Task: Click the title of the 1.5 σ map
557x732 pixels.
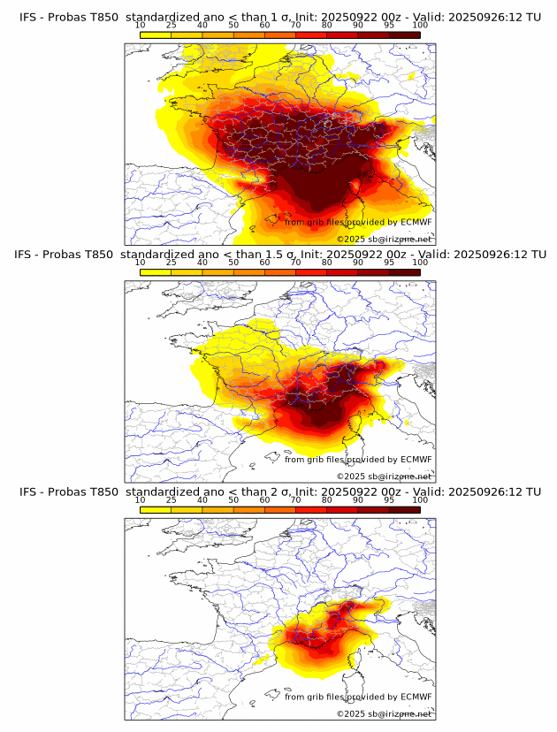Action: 279,255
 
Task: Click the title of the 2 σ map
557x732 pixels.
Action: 279,492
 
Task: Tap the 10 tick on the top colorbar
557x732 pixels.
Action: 141,26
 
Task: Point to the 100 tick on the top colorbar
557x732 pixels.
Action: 420,26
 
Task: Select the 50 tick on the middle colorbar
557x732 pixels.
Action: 233,263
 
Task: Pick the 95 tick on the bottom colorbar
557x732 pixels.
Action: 389,499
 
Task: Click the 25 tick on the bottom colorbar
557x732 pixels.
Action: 172,499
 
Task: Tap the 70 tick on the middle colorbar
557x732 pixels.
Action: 295,263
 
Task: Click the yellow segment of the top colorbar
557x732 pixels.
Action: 156,34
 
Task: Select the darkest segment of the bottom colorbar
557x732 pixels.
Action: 404,509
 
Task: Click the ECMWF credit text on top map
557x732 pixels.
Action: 358,222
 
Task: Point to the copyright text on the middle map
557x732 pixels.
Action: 384,477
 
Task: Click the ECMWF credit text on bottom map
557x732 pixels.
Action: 358,697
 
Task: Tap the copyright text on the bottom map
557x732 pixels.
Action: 384,713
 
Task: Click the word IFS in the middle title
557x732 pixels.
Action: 29,255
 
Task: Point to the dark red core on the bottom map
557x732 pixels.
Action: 354,610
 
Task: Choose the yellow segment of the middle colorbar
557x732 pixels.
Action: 156,271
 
